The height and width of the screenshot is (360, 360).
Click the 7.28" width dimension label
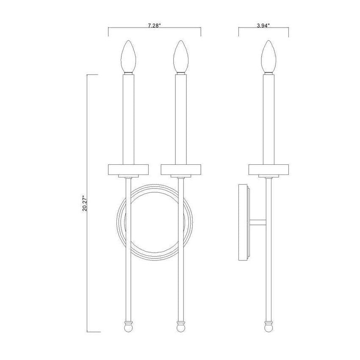[155, 26]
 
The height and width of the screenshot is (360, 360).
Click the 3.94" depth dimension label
[263, 26]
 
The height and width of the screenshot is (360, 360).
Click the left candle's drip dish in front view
[128, 169]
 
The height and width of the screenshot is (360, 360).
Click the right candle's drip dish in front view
[181, 169]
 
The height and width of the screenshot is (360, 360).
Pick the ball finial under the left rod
[128, 327]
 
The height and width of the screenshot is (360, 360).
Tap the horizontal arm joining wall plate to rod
[258, 222]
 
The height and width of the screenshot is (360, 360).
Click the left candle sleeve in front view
[128, 119]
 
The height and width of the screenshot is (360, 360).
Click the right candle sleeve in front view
[181, 119]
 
